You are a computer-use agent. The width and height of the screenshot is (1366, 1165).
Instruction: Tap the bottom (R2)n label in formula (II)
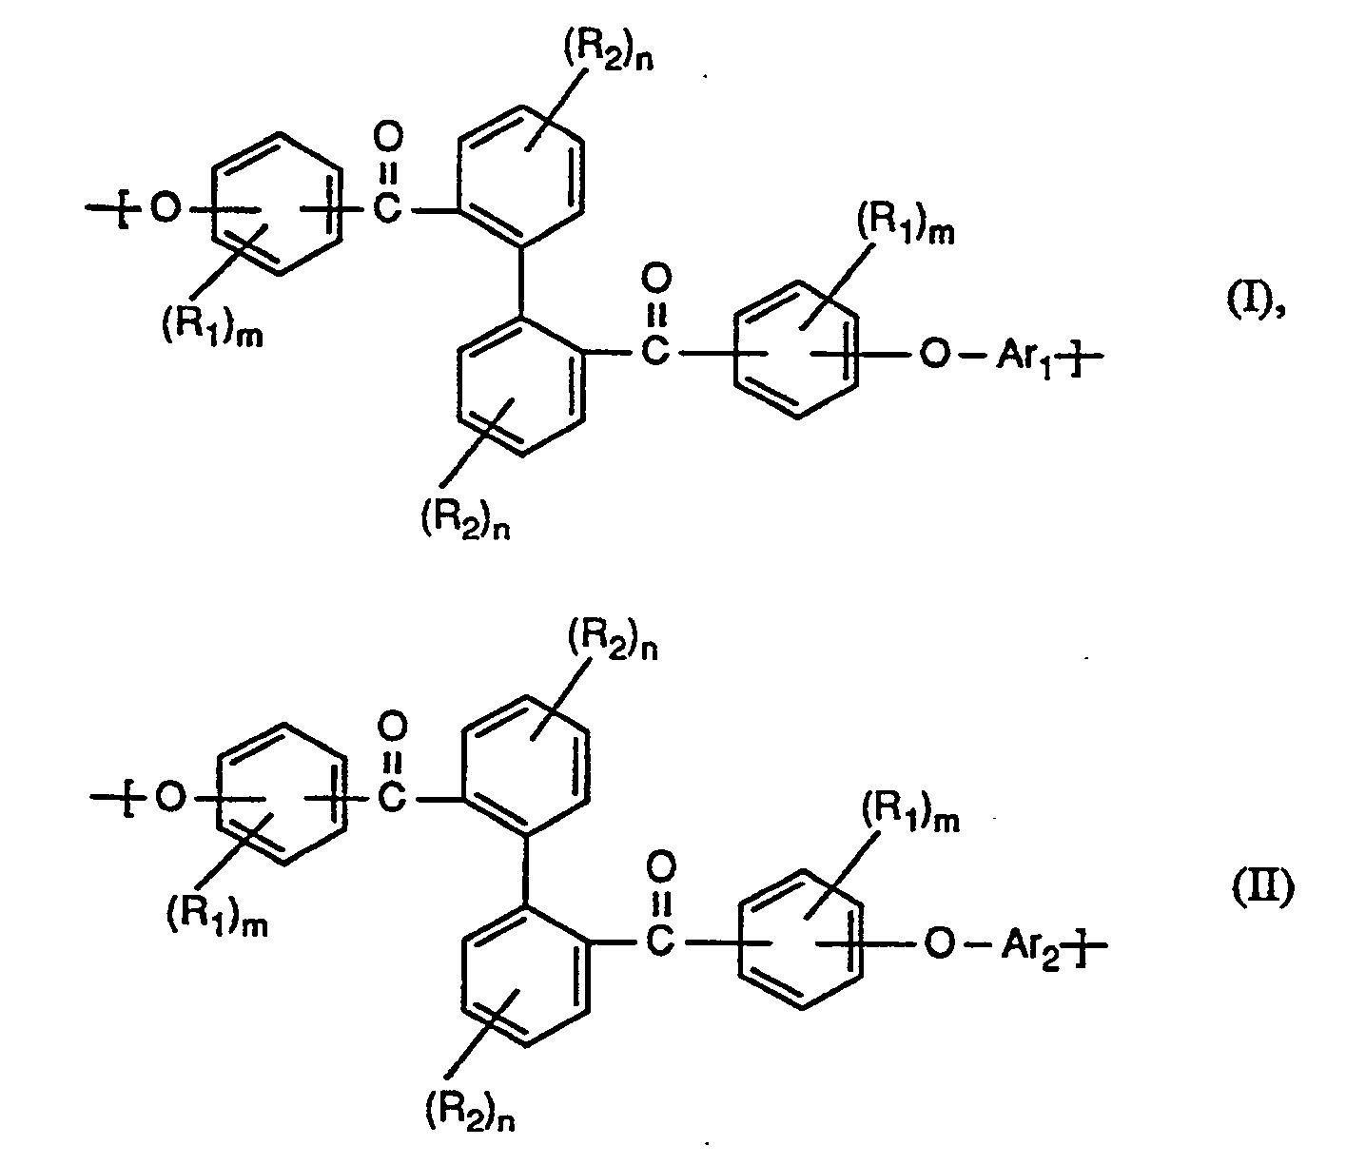(x=473, y=1105)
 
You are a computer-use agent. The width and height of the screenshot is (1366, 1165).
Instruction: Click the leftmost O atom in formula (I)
(x=165, y=209)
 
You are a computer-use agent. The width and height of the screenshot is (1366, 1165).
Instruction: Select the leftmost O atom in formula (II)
(x=168, y=799)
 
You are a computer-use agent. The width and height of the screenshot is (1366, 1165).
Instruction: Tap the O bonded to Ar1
(x=936, y=357)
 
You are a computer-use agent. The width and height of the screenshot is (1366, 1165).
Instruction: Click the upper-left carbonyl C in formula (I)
(x=385, y=209)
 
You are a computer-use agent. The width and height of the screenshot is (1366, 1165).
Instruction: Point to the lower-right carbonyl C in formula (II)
(x=658, y=942)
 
